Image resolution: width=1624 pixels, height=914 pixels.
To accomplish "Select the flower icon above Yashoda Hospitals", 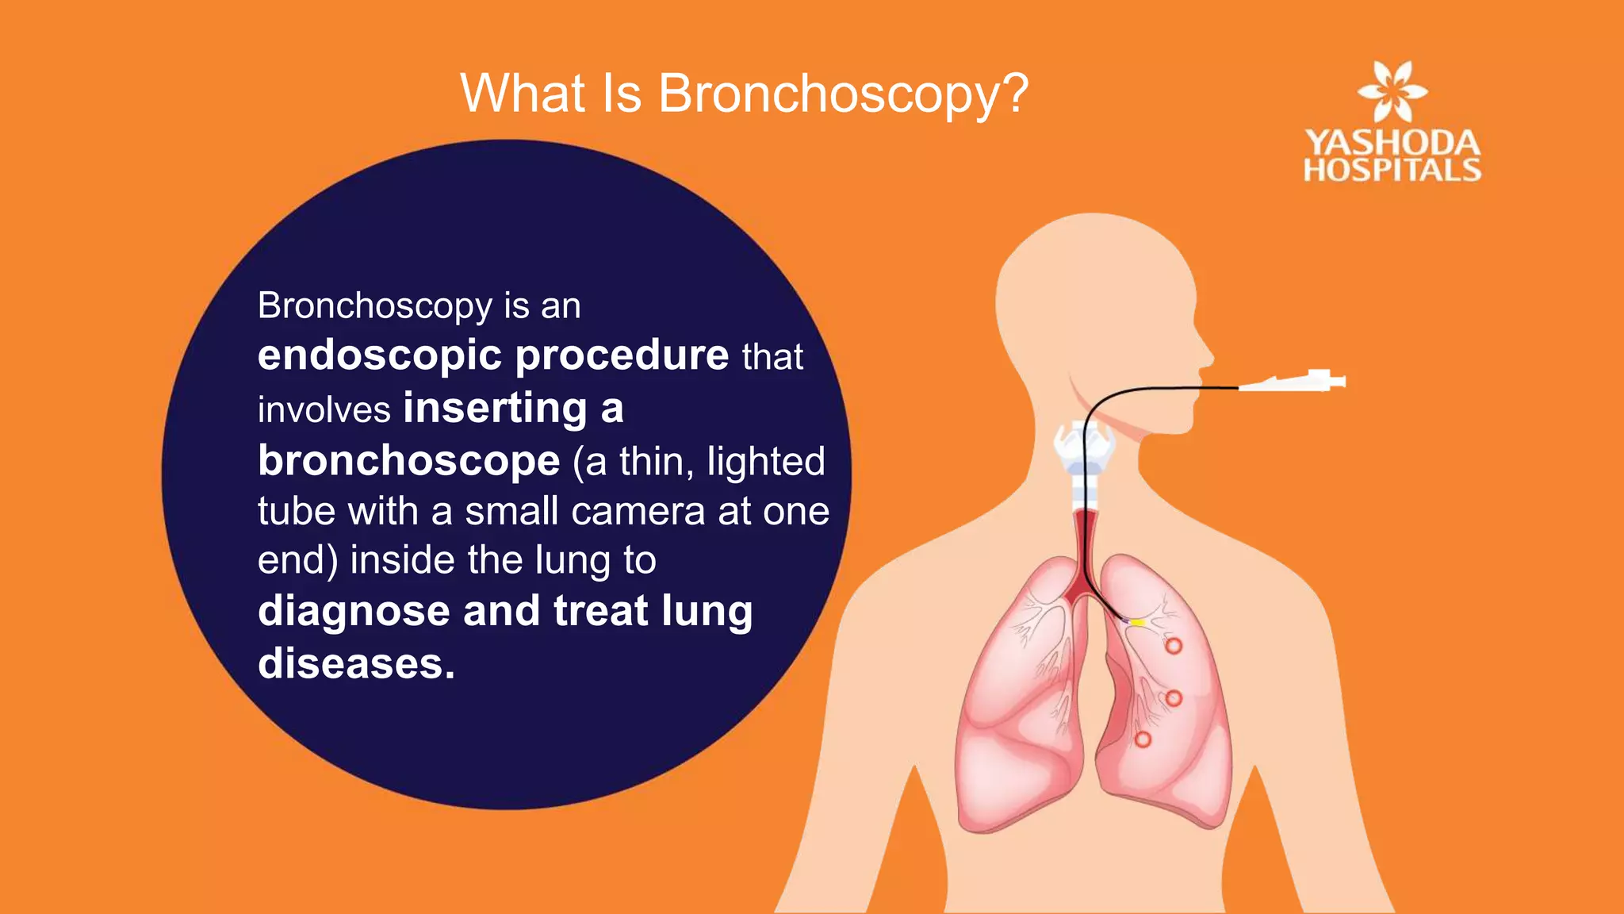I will click(x=1392, y=90).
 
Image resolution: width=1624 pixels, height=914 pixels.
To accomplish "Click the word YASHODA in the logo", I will click(x=1392, y=144).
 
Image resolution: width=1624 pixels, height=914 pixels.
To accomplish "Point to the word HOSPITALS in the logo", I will click(x=1392, y=170).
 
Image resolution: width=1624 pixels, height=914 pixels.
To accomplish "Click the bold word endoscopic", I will click(x=379, y=356).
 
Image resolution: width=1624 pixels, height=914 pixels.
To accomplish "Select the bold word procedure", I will click(x=622, y=356).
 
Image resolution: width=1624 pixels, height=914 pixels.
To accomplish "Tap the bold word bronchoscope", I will click(x=409, y=461).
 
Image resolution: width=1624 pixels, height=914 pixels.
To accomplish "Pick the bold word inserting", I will click(x=496, y=409).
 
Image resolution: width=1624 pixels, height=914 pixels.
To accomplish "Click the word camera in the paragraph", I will click(x=638, y=512).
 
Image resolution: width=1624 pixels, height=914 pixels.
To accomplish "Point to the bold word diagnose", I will click(x=354, y=612).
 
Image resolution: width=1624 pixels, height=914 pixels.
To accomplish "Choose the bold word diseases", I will click(x=356, y=663).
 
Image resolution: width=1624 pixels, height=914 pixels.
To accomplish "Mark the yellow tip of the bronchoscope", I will click(x=1137, y=623).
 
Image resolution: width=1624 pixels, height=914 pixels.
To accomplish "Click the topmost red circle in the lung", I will click(x=1174, y=646).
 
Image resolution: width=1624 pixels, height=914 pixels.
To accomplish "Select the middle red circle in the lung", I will click(x=1174, y=698).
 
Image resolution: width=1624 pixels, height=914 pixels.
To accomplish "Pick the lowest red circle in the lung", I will click(x=1143, y=739).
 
